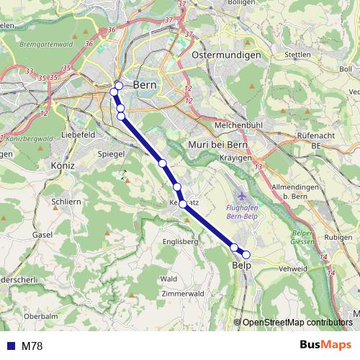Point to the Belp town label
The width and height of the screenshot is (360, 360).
(241, 266)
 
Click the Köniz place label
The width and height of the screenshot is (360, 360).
(63, 166)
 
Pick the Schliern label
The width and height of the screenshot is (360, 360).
(66, 202)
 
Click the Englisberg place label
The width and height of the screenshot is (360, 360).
(179, 241)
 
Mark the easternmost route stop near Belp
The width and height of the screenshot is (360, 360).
(246, 254)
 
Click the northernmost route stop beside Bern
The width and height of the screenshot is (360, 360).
(119, 86)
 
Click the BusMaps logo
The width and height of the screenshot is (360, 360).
(325, 345)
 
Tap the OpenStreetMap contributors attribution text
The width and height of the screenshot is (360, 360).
(297, 323)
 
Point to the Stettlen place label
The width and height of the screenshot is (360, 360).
(297, 55)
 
